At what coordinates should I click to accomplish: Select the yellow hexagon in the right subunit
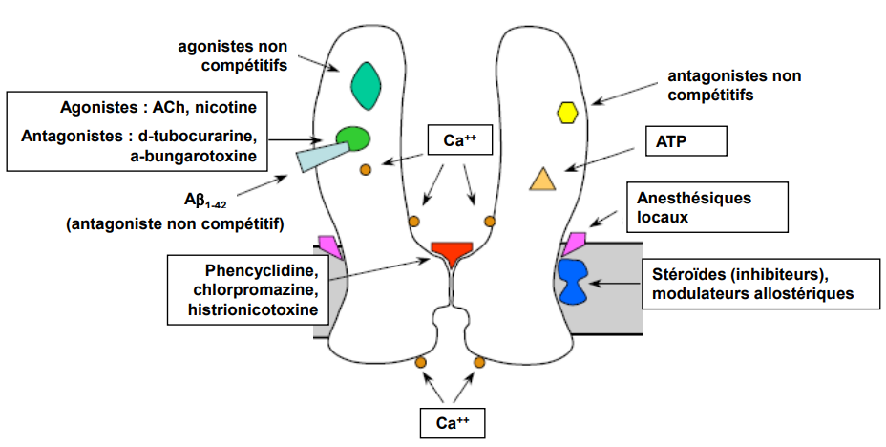click(568, 113)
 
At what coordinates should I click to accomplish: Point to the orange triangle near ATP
click(542, 180)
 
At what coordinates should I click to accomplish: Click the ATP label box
click(686, 143)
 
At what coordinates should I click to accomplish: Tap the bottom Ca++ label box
click(454, 421)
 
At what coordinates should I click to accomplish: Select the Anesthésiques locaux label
click(695, 207)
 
